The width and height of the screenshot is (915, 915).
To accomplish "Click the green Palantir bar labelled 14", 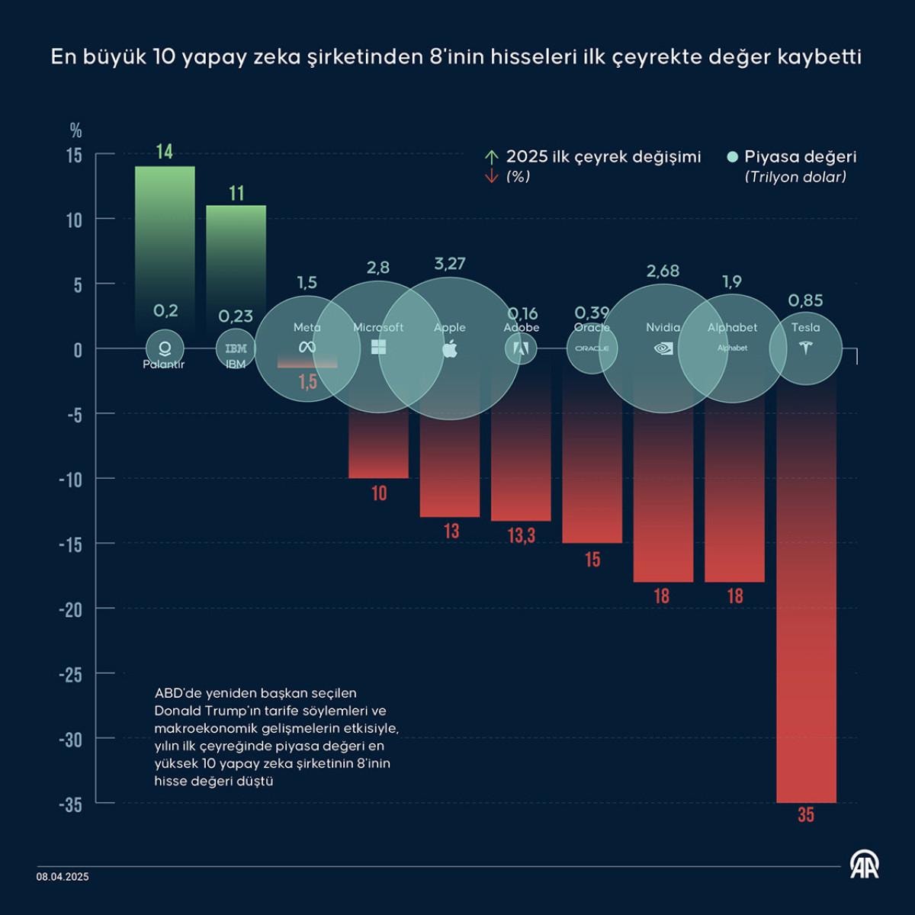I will pos(165,229).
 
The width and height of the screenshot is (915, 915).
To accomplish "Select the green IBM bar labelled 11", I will pos(236,252).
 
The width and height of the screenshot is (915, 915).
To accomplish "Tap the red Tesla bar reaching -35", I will pos(806,610).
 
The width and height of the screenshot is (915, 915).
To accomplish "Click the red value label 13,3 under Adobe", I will pos(522,536).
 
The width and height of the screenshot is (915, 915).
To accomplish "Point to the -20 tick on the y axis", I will pos(70,609).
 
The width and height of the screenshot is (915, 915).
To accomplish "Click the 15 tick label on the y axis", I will pos(73,156).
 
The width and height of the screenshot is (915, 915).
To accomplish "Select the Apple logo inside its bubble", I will pos(450,349).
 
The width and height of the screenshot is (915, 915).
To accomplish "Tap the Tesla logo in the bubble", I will pos(805,348).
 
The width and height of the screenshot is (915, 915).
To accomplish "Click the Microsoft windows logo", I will pos(378,348).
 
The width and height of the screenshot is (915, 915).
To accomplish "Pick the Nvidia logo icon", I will pos(663,348).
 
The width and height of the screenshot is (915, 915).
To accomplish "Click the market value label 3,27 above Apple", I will pos(450,264).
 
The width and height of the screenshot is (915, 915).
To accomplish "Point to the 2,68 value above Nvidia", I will pos(663,271).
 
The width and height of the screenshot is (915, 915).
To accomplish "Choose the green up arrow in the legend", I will pos(492,156).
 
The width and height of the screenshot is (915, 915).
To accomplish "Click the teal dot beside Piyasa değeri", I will pos(733,157).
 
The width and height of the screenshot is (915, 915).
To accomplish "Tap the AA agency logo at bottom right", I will pos(864,865).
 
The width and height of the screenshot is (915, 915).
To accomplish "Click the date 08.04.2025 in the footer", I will pos(63,877).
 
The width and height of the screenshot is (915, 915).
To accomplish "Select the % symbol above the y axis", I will pos(75,130).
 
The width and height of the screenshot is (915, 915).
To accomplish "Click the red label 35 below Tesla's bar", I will pos(806,815).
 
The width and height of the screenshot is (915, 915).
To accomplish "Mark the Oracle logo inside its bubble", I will pos(592,348).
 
